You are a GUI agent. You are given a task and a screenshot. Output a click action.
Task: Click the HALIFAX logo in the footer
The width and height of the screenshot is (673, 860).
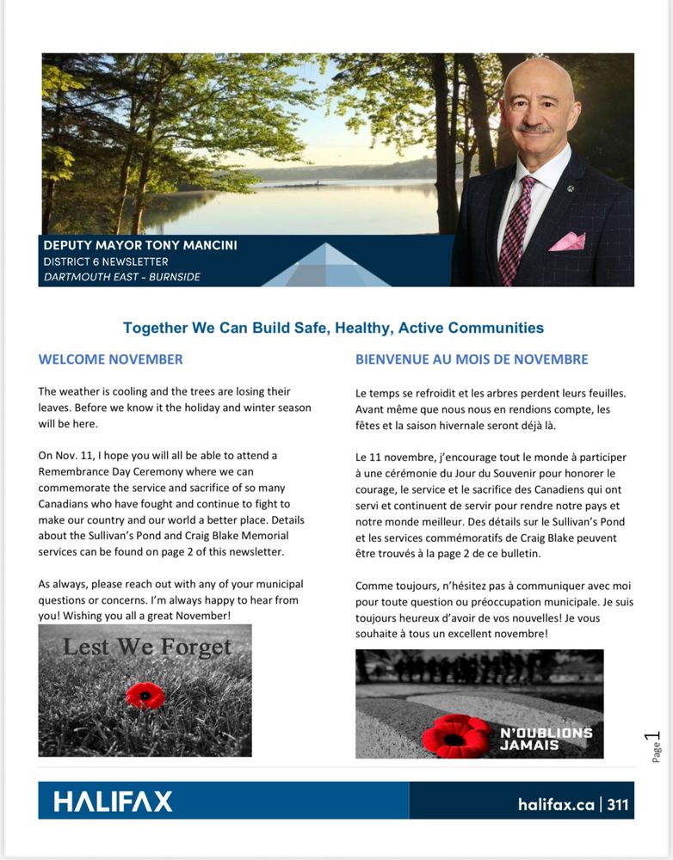coord(114,802)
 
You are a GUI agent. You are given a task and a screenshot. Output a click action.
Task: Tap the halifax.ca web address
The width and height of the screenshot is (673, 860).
coord(556,805)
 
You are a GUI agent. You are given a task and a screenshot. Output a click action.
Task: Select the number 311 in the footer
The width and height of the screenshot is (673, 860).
coord(618,805)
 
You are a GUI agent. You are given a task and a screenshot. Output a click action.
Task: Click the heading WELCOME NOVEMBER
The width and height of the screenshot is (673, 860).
coord(110,359)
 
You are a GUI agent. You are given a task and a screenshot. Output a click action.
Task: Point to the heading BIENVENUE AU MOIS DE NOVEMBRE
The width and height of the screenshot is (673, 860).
coord(472,359)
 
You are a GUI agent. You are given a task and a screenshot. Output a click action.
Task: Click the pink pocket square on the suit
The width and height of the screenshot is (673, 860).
coord(567,242)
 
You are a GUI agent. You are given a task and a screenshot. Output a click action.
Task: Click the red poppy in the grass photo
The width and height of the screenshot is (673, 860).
coord(145,695)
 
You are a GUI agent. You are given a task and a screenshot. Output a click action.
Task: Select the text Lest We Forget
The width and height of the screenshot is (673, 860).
coord(147,647)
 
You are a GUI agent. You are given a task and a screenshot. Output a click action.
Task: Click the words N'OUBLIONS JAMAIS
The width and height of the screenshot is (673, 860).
coord(546,739)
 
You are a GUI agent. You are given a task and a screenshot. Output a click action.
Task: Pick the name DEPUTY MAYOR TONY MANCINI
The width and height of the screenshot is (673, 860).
coord(140,246)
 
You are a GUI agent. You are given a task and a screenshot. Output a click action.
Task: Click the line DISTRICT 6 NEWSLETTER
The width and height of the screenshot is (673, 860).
coord(106,261)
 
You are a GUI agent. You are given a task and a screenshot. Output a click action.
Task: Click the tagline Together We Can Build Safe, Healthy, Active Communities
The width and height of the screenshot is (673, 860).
coord(333,328)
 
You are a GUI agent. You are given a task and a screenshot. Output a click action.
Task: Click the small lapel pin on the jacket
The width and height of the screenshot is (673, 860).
coord(569,187)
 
